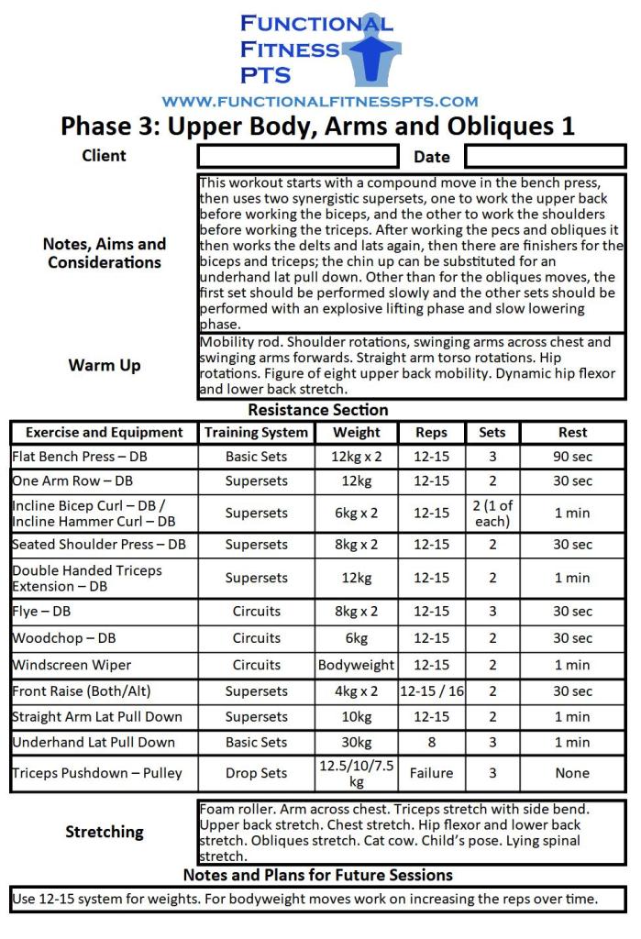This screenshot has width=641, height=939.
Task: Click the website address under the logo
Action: click(x=319, y=102)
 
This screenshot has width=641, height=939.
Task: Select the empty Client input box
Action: click(x=298, y=156)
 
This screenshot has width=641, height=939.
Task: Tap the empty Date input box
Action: click(x=545, y=156)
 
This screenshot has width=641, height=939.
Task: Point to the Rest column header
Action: click(x=572, y=433)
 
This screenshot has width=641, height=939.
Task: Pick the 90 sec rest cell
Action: click(x=572, y=457)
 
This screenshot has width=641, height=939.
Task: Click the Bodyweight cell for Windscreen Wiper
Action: click(x=356, y=665)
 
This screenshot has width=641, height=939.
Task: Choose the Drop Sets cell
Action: click(x=257, y=773)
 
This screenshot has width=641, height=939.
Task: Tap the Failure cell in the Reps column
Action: click(x=431, y=773)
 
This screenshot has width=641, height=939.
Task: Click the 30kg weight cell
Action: click(x=356, y=743)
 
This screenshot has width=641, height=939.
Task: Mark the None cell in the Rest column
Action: click(x=572, y=773)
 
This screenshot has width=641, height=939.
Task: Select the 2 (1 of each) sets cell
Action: click(x=492, y=514)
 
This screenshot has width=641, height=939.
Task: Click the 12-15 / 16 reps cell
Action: click(x=431, y=691)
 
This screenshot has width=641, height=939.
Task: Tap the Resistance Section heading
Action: click(x=318, y=410)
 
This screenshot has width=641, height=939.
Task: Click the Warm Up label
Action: click(x=105, y=366)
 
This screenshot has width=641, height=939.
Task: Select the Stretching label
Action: click(x=105, y=833)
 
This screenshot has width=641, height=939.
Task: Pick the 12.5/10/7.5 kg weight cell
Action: click(x=356, y=773)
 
